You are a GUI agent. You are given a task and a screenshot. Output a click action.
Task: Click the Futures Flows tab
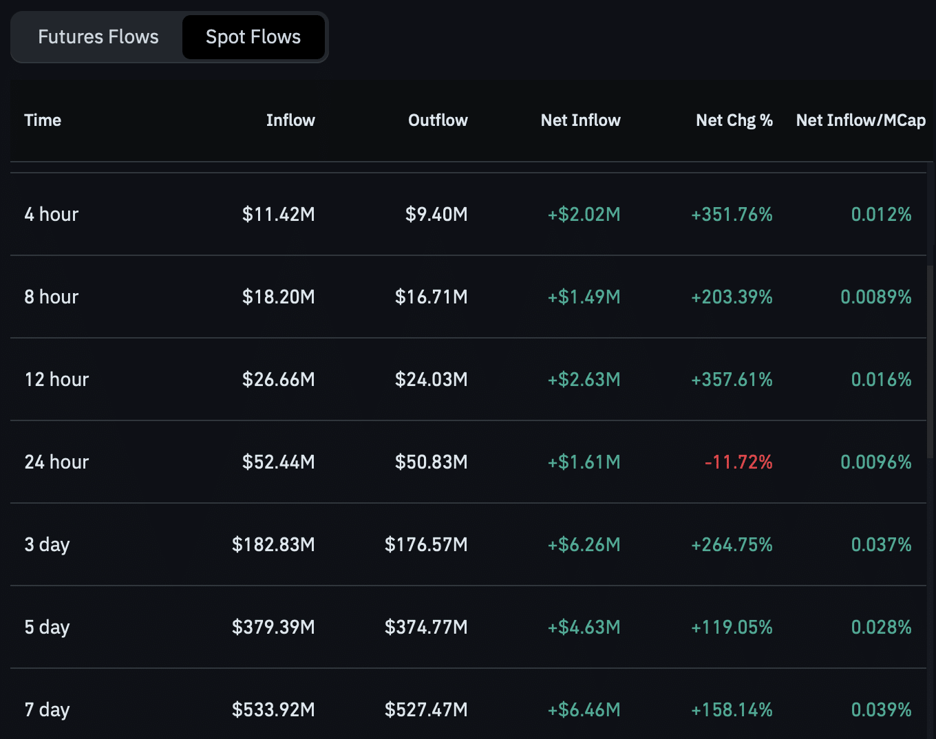(98, 37)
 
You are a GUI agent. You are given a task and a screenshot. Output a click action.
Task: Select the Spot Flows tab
(253, 37)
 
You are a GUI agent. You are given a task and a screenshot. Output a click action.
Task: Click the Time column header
(43, 120)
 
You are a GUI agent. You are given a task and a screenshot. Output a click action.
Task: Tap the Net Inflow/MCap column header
(860, 120)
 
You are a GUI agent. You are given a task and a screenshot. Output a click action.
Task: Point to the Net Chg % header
(734, 120)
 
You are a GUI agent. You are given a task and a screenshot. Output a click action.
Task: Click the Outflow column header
(438, 120)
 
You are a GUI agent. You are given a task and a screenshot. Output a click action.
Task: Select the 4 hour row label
(52, 215)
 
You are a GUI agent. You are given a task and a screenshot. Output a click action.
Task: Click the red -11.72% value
(738, 462)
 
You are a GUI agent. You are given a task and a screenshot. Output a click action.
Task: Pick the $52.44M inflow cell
(278, 462)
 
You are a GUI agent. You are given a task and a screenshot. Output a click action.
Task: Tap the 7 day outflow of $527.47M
(426, 710)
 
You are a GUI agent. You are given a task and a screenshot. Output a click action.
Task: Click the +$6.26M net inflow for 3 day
(584, 545)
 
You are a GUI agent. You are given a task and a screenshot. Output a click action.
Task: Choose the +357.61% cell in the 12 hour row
(732, 380)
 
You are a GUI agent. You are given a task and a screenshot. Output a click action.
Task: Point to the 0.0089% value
(875, 297)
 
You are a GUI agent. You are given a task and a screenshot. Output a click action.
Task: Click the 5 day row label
(47, 628)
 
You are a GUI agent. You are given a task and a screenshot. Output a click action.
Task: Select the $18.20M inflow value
(278, 297)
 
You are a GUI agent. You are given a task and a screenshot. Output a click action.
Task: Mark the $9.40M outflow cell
(436, 215)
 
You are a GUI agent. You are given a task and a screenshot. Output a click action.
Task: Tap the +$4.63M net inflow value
(584, 628)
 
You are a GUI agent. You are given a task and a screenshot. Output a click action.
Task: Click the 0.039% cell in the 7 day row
(881, 710)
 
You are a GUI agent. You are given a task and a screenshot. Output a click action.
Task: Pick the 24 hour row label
(57, 462)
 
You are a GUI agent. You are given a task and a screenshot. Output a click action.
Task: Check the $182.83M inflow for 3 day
(273, 545)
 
